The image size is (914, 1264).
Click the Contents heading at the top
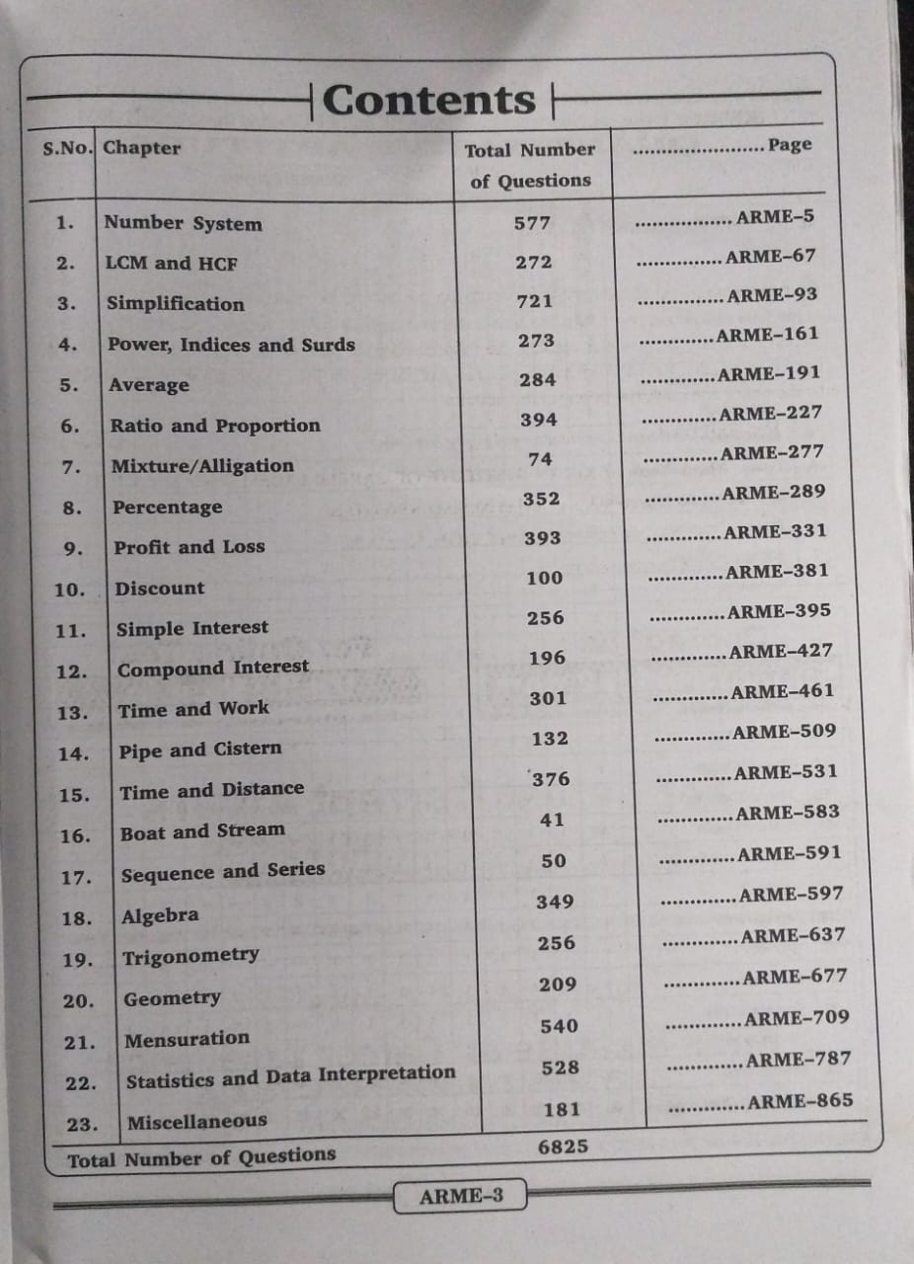[428, 101]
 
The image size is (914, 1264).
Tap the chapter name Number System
[184, 223]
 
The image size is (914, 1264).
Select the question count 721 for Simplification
[534, 301]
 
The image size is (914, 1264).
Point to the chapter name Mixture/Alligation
[202, 466]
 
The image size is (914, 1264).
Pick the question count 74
[540, 459]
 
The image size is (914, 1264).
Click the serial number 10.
[70, 590]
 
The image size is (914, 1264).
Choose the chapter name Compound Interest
[213, 669]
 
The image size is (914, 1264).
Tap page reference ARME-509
[785, 732]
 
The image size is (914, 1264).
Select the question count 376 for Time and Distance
[551, 779]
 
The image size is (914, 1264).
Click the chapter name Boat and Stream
[202, 832]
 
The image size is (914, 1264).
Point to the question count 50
[554, 861]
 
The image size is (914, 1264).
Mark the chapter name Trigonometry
[190, 957]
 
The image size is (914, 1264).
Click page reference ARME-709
[798, 1018]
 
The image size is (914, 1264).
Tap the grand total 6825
[564, 1147]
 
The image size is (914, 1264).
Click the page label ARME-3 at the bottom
[461, 1197]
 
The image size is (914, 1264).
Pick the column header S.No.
[68, 149]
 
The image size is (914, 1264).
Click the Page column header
[791, 145]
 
